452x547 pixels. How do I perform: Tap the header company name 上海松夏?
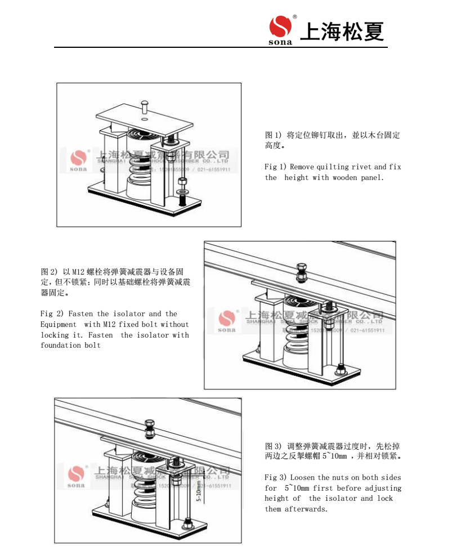[x=342, y=32]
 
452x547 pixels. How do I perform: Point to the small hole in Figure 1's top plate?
[x=145, y=119]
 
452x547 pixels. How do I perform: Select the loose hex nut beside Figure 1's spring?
[x=182, y=182]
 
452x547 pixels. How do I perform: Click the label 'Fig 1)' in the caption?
[x=275, y=167]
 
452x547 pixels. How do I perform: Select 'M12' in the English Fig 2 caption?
[x=109, y=325]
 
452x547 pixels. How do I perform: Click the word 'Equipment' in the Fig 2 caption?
[x=59, y=325]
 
